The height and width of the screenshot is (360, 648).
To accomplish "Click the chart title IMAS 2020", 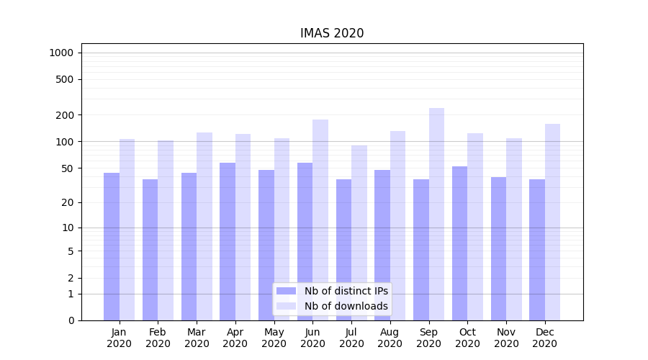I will pyautogui.click(x=332, y=33).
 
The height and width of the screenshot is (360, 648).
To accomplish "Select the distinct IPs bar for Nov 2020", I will pyautogui.click(x=498, y=248).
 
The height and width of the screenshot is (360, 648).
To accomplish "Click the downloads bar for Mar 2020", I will pyautogui.click(x=204, y=226).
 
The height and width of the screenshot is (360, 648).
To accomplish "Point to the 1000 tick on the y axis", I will pyautogui.click(x=61, y=53).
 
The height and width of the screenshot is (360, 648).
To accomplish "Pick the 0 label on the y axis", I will pyautogui.click(x=71, y=320).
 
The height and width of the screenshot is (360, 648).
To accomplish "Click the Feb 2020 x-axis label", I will pyautogui.click(x=158, y=338).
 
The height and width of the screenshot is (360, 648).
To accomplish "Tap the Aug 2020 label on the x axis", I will pyautogui.click(x=390, y=338).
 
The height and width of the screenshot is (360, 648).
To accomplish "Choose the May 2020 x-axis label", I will pyautogui.click(x=274, y=338).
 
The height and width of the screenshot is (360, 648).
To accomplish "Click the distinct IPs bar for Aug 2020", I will pyautogui.click(x=382, y=245).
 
